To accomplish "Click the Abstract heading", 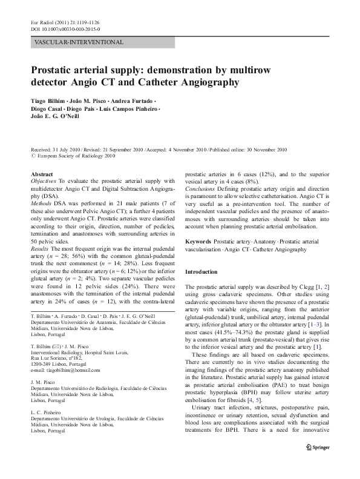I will tap(42, 173).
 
